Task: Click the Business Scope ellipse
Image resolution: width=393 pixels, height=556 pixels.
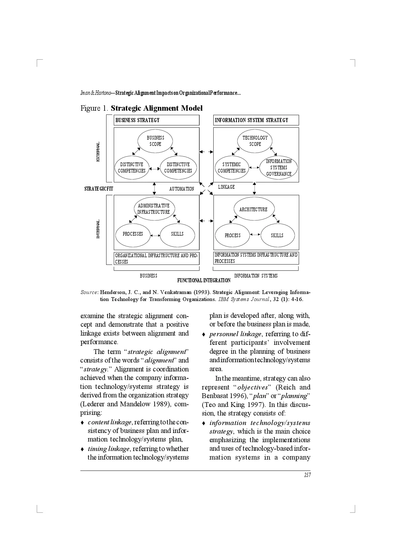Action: (x=155, y=141)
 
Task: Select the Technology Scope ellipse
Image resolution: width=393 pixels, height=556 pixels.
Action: (x=255, y=141)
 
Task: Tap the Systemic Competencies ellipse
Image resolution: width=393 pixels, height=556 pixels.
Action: (x=231, y=167)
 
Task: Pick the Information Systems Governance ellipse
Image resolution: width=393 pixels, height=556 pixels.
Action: (x=279, y=167)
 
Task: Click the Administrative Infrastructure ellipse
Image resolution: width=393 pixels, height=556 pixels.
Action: (x=154, y=209)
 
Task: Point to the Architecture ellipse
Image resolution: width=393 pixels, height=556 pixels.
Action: (x=254, y=209)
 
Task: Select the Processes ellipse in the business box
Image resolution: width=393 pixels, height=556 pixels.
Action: (x=133, y=234)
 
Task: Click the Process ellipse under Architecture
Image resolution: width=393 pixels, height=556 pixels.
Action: (x=233, y=235)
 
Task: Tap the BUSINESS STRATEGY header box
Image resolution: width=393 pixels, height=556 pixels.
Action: (x=157, y=120)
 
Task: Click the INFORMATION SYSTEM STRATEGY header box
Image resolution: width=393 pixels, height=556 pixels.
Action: (x=256, y=120)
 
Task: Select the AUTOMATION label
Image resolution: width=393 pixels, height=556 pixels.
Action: (x=182, y=189)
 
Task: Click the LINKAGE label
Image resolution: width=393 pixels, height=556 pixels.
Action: (x=226, y=187)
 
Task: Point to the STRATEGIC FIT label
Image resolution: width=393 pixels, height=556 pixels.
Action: (x=99, y=189)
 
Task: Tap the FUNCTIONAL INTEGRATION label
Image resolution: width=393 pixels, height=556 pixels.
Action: (x=204, y=280)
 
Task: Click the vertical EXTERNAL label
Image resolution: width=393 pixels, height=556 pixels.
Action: (x=98, y=152)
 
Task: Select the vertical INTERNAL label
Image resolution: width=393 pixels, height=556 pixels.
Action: (x=98, y=229)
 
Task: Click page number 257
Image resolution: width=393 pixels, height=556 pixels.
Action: (x=307, y=475)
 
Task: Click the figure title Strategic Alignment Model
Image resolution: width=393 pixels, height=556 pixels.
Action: (x=157, y=108)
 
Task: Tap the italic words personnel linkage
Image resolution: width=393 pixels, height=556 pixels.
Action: (x=235, y=334)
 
